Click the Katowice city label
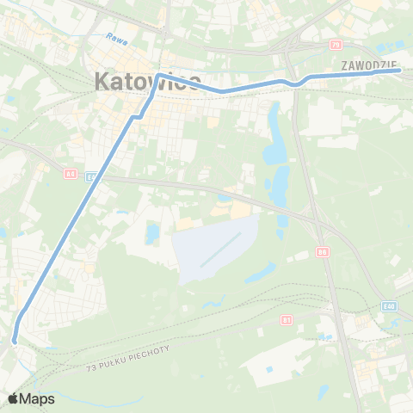[146, 83]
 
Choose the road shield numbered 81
[287, 319]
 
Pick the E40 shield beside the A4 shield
[90, 176]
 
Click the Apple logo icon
[15, 398]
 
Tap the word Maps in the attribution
[38, 398]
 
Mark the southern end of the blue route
[15, 341]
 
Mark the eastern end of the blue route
[400, 71]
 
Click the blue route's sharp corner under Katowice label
[160, 76]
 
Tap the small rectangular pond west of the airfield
[152, 233]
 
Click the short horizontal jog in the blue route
[136, 115]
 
